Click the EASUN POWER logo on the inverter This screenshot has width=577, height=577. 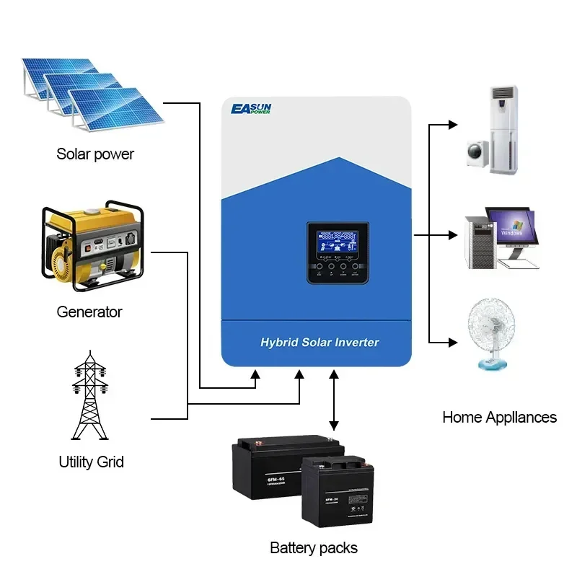tap(260, 109)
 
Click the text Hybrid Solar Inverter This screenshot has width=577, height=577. tap(320, 342)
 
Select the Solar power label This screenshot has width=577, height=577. tap(95, 154)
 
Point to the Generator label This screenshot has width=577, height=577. tap(89, 312)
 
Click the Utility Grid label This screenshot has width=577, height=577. tap(91, 462)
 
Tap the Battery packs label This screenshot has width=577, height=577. tap(314, 547)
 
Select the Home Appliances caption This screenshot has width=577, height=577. tap(499, 417)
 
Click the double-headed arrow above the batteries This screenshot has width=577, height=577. tap(333, 401)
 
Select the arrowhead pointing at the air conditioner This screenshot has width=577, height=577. tap(453, 125)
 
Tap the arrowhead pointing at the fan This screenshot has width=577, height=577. tap(453, 342)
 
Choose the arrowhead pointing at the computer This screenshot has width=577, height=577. tap(453, 235)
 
